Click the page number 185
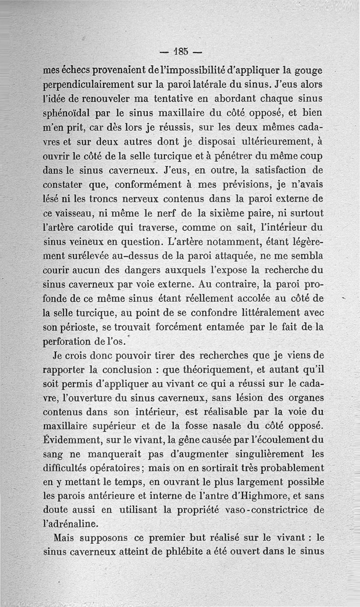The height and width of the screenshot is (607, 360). pyautogui.click(x=180, y=50)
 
